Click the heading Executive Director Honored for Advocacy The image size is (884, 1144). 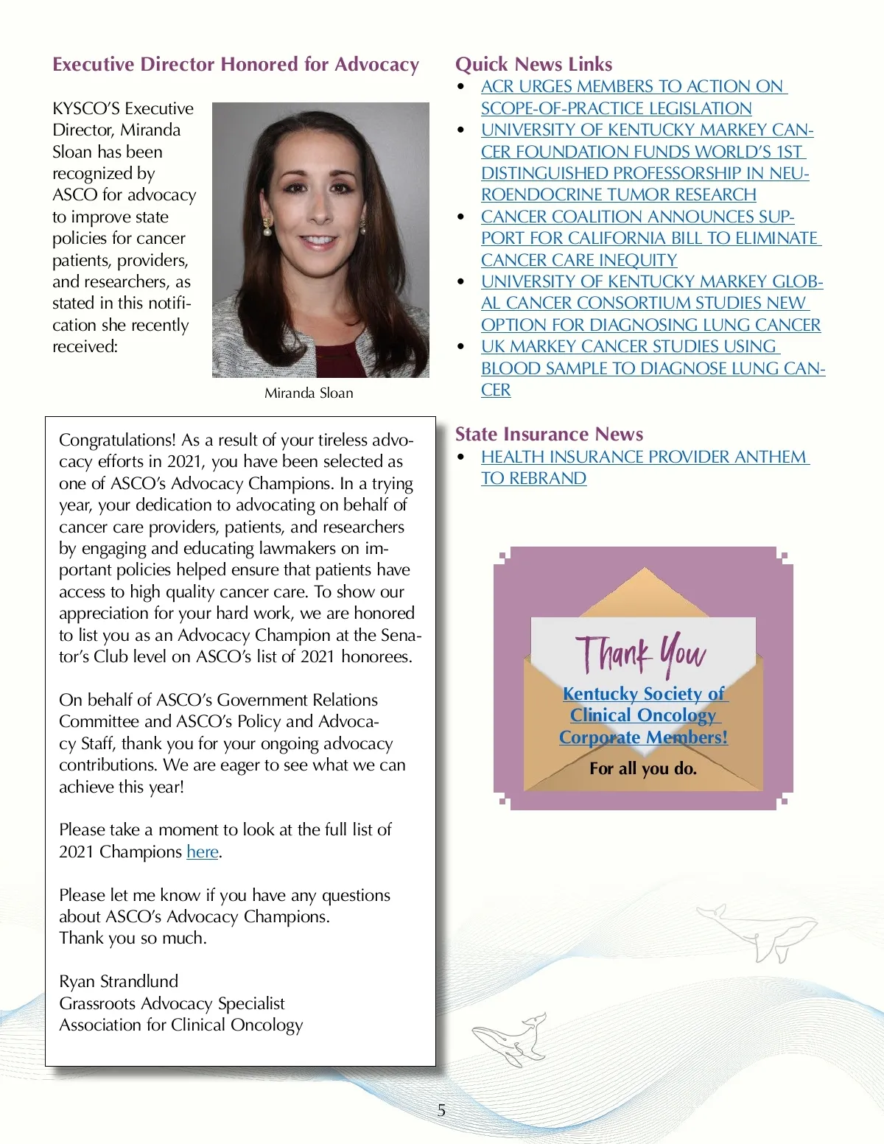click(236, 65)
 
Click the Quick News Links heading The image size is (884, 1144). click(533, 65)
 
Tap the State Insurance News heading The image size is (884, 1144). click(549, 434)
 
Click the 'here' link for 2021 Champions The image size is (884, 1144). click(203, 852)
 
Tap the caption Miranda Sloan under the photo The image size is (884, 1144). click(309, 393)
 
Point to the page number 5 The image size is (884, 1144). click(441, 1110)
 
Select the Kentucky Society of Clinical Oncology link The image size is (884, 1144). click(643, 715)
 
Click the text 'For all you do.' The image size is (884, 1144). click(642, 769)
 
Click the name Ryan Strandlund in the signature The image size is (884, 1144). click(119, 982)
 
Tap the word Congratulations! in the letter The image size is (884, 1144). click(117, 441)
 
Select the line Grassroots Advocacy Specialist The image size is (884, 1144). click(172, 1004)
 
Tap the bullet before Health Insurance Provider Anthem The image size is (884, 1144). click(461, 457)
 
